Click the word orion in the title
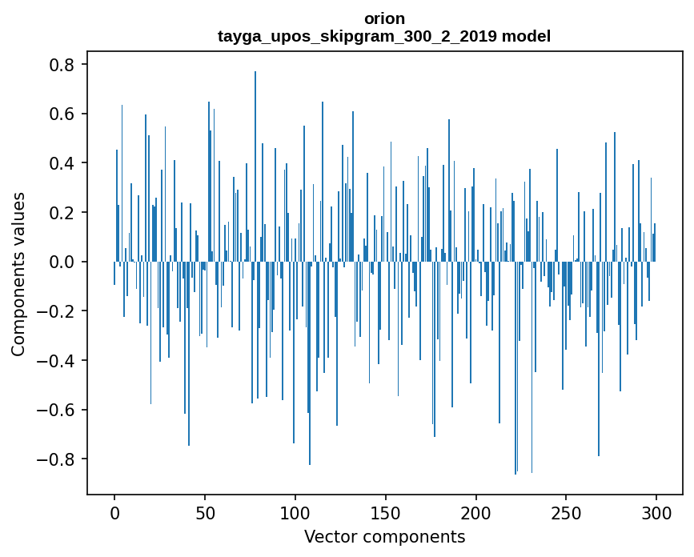384,18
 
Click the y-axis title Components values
18,274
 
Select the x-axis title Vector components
384,536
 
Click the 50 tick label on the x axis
205,511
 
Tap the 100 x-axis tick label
295,511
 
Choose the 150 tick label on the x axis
386,511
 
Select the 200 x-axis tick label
476,511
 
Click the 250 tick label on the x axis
566,511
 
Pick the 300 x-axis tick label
656,511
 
